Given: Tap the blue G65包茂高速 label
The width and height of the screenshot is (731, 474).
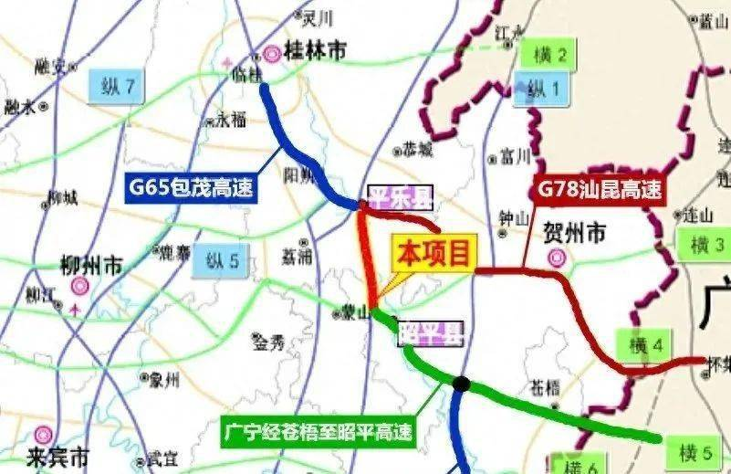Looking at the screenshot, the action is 190,188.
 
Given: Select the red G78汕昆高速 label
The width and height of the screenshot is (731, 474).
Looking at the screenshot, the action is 599,191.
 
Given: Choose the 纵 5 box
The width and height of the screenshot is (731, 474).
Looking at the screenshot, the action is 220,262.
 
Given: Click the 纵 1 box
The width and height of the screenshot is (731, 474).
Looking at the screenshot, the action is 548,89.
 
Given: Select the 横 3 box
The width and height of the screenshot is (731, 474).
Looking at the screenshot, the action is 705,245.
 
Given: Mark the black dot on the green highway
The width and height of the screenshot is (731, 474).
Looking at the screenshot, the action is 462,384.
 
